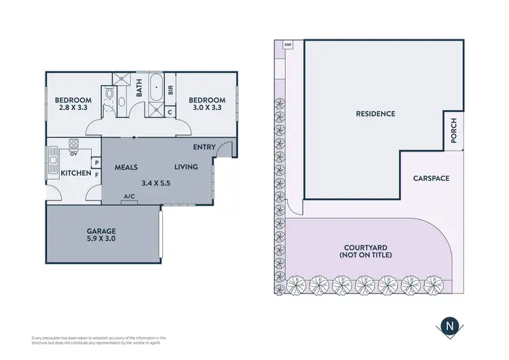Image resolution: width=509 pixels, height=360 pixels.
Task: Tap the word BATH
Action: click(139, 88)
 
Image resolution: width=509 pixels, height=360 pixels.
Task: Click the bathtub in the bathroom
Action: click(155, 89)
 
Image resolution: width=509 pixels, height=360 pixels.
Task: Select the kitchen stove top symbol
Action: click(73, 143)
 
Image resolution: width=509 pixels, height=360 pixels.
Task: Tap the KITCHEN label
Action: click(76, 174)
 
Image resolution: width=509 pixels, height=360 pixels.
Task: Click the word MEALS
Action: click(126, 166)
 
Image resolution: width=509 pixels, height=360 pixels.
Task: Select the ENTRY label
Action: click(204, 147)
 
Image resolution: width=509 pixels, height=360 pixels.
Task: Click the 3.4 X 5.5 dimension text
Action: click(156, 182)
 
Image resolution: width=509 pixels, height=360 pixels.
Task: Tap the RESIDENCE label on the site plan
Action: click(375, 113)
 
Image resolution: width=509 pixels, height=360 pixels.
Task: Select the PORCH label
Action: click(454, 130)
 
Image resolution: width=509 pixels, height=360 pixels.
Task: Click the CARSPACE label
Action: click(431, 179)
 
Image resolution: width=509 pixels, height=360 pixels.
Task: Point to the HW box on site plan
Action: click(288, 46)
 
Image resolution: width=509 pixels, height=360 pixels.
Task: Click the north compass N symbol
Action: click(449, 325)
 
